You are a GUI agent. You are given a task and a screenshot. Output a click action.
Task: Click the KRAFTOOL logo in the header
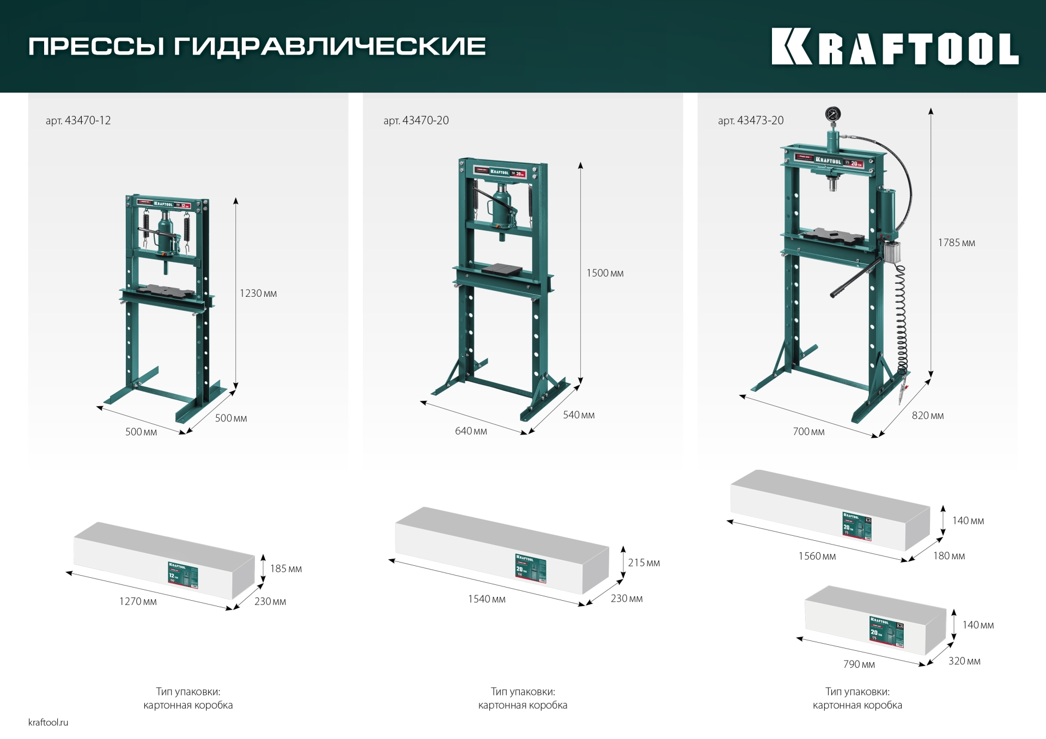(x=895, y=47)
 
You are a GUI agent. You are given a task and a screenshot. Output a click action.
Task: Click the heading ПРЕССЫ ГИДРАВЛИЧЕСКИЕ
(x=257, y=46)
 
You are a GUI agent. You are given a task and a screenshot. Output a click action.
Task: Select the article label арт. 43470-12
(x=78, y=120)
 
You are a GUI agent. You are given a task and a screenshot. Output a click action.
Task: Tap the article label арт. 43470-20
(x=416, y=120)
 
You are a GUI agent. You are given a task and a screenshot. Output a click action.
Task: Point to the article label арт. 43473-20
(x=751, y=120)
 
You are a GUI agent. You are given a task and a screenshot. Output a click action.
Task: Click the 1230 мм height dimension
(x=258, y=294)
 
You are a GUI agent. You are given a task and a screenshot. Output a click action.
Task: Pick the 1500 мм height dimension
(x=605, y=273)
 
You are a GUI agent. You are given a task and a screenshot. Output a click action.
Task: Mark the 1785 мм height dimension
(x=956, y=243)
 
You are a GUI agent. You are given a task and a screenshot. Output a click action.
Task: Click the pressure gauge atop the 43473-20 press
(x=832, y=114)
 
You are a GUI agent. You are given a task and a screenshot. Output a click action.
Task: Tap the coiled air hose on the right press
(x=902, y=321)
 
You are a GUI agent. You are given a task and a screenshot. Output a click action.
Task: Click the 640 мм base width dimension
(x=471, y=431)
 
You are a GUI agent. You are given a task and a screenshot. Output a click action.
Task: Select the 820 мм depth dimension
(x=927, y=416)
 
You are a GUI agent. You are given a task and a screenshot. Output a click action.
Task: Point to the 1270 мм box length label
(x=138, y=601)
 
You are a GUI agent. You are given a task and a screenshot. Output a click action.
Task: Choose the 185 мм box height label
(x=285, y=569)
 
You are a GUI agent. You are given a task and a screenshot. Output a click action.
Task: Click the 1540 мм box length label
(x=486, y=599)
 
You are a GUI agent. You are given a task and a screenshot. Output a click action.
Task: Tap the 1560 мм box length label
(x=817, y=556)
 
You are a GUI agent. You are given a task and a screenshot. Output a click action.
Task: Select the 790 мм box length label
(x=859, y=664)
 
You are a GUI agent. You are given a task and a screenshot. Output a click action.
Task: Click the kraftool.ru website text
(x=48, y=722)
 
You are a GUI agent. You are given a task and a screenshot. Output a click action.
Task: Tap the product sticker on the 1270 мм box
(x=183, y=575)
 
